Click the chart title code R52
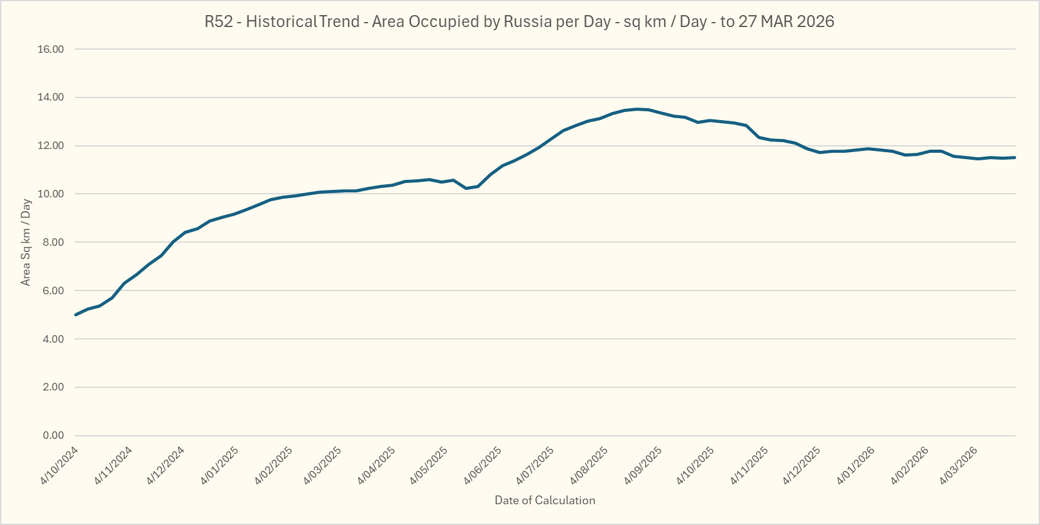218,21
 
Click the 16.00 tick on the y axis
51,49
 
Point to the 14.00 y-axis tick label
51,97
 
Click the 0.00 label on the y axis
53,435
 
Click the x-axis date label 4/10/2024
60,465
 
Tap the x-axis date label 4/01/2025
220,465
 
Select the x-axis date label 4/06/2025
483,465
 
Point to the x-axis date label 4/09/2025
643,465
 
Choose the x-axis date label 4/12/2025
802,465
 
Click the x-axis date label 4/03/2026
959,465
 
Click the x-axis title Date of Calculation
545,500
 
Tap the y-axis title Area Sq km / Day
26,242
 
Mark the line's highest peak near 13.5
637,109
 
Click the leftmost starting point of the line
75,314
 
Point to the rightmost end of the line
1015,158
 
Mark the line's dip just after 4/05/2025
466,188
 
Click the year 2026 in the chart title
816,21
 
